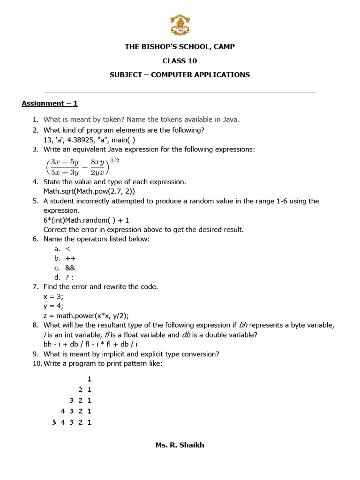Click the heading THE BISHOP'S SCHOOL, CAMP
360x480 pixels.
[x=180, y=46]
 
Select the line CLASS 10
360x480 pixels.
[x=180, y=60]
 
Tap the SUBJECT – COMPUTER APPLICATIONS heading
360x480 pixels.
[x=180, y=75]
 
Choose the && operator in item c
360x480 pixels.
[x=70, y=268]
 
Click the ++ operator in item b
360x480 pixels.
[x=70, y=258]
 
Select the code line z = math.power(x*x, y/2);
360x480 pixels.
[x=86, y=315]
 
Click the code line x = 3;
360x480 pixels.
[x=54, y=296]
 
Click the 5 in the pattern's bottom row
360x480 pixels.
[x=54, y=422]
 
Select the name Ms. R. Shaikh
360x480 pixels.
[x=180, y=445]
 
